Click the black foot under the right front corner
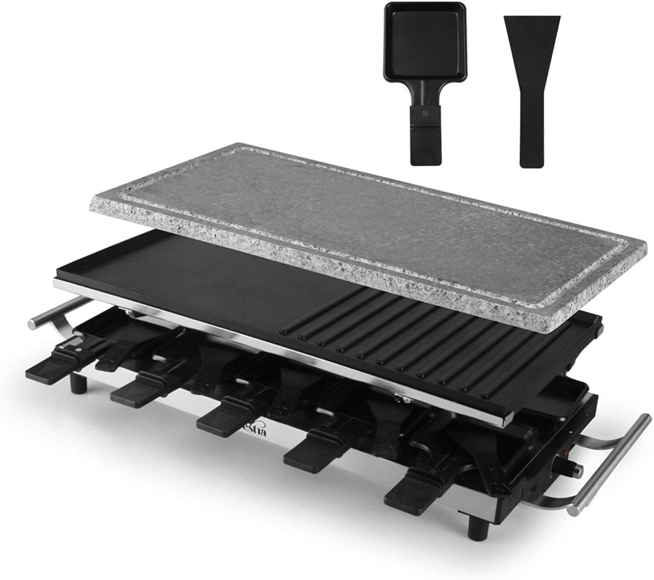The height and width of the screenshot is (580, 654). [475, 527]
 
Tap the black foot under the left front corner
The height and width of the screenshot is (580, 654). [79, 383]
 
